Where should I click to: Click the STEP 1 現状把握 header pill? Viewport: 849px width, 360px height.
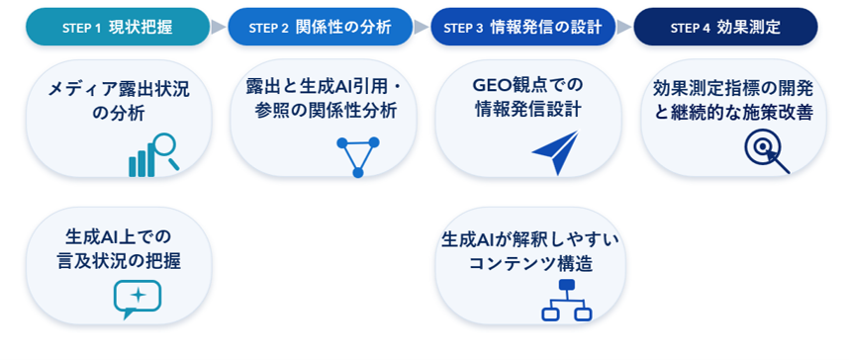pos(118,27)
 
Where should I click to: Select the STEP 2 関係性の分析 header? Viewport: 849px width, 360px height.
pos(320,27)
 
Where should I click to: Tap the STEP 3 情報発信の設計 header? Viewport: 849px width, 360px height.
pos(523,27)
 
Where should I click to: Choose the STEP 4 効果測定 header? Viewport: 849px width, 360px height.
pos(725,27)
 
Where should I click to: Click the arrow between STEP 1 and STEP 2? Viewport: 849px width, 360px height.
pos(219,27)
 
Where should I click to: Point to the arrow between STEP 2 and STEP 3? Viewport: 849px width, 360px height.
pos(422,27)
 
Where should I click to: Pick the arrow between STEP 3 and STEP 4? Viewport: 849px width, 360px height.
pos(624,27)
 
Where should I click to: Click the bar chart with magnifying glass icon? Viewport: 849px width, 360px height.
pos(153,155)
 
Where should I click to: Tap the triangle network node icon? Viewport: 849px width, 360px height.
pos(358,157)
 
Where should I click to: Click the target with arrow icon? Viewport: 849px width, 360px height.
pos(767,153)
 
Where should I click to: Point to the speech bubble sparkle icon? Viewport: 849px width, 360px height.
pos(138,300)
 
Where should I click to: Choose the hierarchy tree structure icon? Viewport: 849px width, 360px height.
pos(566,301)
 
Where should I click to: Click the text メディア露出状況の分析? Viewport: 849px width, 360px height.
pos(119,101)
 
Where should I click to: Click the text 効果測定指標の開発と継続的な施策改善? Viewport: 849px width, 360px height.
pos(733,101)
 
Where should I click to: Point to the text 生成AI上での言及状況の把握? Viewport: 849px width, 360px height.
pos(119,249)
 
